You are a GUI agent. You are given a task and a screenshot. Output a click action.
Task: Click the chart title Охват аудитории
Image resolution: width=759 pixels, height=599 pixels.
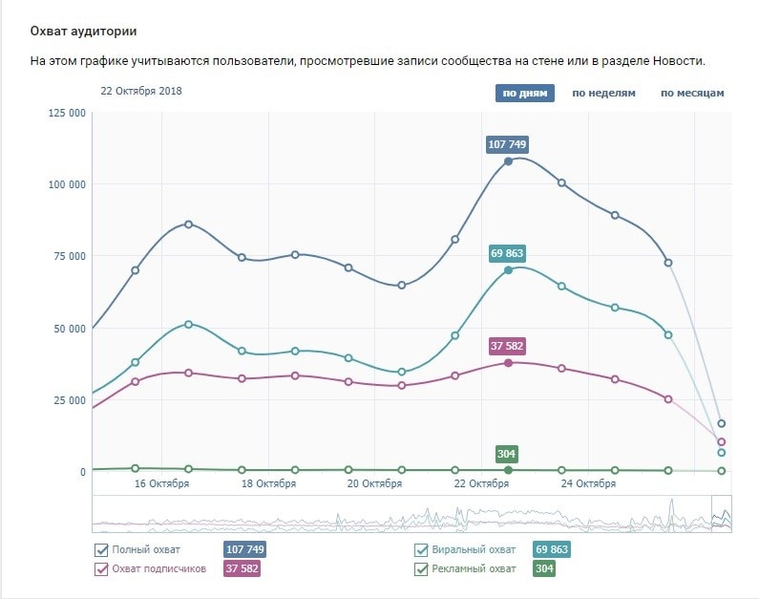(83, 32)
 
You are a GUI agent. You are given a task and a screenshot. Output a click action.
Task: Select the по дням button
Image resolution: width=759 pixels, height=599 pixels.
(524, 93)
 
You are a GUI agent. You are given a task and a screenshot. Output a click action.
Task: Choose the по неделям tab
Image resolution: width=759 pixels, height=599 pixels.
(603, 93)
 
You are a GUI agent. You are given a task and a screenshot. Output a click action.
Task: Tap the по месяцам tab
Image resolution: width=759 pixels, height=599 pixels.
(692, 93)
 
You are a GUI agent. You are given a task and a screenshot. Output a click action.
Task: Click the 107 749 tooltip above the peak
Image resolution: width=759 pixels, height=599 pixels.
(507, 144)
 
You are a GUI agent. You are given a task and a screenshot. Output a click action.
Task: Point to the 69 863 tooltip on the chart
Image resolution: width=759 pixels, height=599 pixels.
(507, 253)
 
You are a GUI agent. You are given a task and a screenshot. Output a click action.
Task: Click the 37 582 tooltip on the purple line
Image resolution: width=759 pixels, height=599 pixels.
(507, 346)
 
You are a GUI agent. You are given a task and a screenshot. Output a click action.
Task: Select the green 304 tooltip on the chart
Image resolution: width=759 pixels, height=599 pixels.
(508, 454)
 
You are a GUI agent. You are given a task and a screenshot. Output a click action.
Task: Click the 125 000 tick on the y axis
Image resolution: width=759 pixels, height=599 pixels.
(67, 113)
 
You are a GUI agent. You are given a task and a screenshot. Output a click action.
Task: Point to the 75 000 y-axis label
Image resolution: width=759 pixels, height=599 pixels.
(70, 256)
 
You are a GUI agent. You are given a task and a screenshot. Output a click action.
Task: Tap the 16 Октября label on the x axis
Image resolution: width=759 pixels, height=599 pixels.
(161, 483)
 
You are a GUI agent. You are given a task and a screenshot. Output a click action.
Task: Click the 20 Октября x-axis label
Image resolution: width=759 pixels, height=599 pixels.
(374, 483)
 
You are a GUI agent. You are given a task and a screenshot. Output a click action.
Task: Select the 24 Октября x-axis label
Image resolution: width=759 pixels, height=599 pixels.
(588, 483)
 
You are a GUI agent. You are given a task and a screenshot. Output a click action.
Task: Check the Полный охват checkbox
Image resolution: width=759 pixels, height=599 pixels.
(101, 549)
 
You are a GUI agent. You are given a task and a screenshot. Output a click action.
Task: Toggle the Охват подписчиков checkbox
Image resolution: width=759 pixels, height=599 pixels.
(101, 568)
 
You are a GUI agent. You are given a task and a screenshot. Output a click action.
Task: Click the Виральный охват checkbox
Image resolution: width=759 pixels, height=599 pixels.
(421, 549)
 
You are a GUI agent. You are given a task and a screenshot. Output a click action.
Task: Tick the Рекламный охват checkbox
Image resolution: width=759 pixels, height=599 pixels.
(421, 568)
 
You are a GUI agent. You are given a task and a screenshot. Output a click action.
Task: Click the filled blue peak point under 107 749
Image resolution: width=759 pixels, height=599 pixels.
(508, 161)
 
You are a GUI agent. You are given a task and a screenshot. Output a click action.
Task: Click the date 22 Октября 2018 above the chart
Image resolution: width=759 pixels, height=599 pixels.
(141, 92)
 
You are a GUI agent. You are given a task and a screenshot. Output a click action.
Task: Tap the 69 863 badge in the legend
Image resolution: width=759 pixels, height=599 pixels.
(551, 549)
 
